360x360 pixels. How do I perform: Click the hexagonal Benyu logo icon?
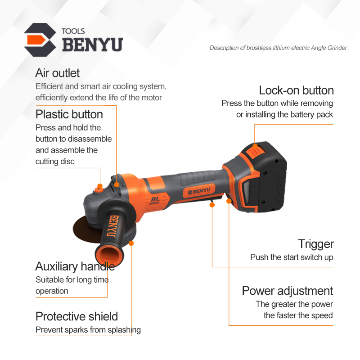40,40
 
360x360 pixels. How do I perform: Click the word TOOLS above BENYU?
73,31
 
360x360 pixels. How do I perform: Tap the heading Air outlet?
58,73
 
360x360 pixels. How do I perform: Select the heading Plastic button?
69,114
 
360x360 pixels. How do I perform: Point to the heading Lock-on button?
296,90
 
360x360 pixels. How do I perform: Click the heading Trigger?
316,244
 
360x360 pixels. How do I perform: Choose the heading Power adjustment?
288,291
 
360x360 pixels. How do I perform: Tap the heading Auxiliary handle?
75,266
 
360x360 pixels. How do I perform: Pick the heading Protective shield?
76,316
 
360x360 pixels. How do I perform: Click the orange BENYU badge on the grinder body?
199,191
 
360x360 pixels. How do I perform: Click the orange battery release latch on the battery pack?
256,151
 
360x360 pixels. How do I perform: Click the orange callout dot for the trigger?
212,205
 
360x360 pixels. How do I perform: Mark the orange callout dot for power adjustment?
229,201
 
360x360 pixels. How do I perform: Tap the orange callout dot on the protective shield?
131,243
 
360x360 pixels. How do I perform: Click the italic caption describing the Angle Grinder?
278,48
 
